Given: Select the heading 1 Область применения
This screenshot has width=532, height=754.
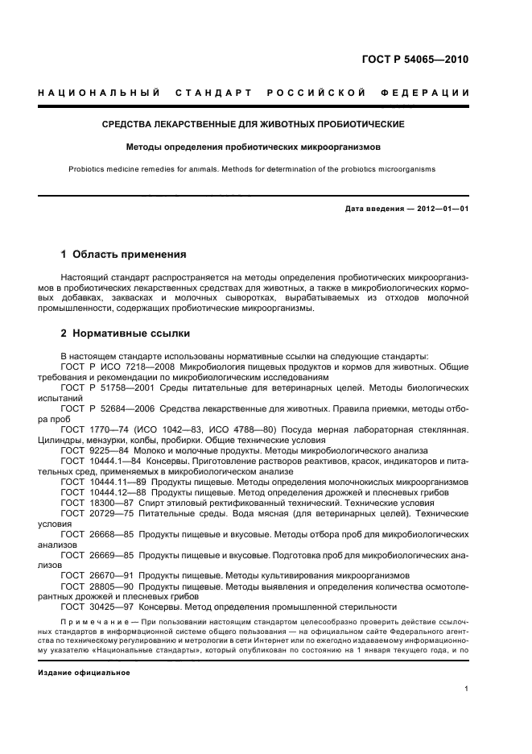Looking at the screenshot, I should click(x=123, y=255).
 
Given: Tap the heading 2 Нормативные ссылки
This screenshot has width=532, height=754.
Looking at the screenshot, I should click(x=126, y=333).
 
